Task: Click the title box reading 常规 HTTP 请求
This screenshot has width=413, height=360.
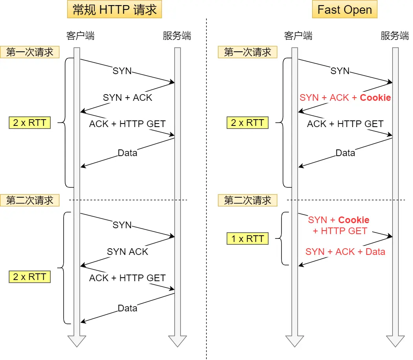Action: tap(115, 10)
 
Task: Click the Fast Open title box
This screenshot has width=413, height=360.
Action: tap(344, 10)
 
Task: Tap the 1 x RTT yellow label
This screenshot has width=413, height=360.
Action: tap(247, 238)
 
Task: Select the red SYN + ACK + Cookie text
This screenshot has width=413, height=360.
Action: tap(345, 98)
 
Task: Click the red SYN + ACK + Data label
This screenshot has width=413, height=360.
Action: tap(345, 252)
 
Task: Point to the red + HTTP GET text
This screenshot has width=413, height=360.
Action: tap(340, 231)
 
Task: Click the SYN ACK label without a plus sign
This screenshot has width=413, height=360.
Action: tap(127, 252)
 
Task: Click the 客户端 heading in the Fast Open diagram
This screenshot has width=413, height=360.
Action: tap(298, 36)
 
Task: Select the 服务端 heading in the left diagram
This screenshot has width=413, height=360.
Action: tap(177, 36)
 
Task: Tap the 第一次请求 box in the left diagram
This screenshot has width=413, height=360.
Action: tap(29, 52)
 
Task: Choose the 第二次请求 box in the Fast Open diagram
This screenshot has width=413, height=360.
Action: tap(247, 200)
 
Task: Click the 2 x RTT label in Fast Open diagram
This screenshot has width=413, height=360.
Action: tap(247, 123)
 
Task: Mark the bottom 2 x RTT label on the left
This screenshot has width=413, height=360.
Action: tap(29, 277)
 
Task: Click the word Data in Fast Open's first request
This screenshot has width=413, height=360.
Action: tap(345, 153)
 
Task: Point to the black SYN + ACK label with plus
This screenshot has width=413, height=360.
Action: tap(127, 98)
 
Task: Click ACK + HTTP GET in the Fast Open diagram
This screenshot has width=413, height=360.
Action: tap(345, 124)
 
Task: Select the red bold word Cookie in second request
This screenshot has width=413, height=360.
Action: tap(353, 220)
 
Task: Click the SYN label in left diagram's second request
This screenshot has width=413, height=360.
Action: tap(122, 225)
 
